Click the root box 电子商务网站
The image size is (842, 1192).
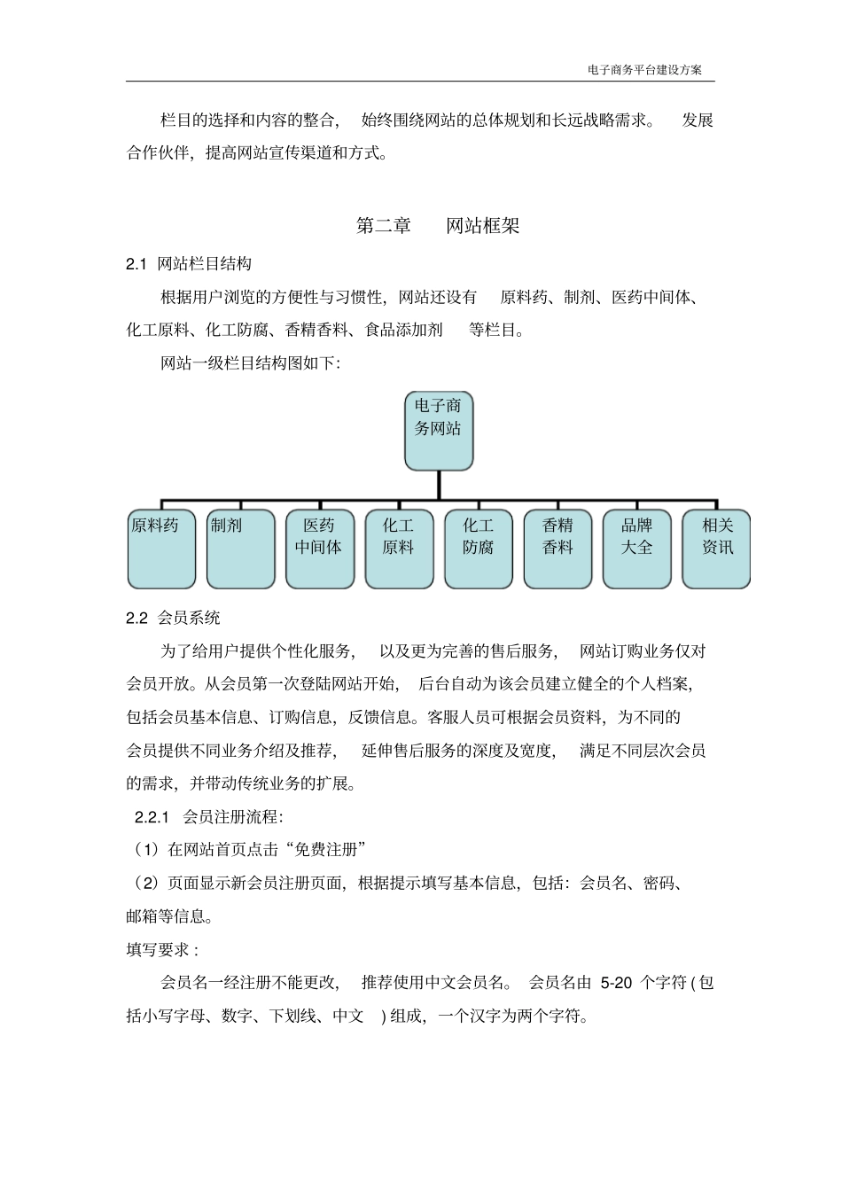coord(439,431)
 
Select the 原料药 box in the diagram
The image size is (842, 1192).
coord(161,549)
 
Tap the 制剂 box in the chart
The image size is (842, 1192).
coord(240,549)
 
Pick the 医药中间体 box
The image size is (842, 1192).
coord(319,549)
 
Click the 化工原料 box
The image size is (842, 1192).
coord(399,549)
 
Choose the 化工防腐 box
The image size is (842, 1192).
coord(478,549)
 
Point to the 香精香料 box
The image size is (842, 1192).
coord(557,549)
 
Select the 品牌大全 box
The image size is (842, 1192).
coord(636,549)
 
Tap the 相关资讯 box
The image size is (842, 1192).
coord(716,549)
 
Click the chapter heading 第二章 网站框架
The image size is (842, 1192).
coord(438,226)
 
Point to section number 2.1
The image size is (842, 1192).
coord(136,264)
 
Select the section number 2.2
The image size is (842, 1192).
coord(136,619)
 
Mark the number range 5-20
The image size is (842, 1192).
coord(617,983)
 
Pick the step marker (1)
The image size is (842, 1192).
coord(145,850)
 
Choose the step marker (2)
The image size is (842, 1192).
coord(145,884)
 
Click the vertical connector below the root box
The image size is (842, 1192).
coord(439,485)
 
